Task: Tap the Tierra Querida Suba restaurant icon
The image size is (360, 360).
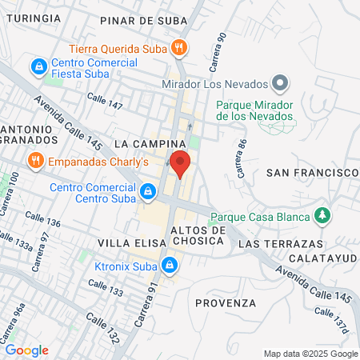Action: [181, 47]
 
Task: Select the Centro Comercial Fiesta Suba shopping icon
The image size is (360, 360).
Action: [38, 65]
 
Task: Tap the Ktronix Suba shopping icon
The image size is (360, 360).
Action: [169, 264]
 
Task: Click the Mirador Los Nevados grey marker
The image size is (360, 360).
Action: [280, 82]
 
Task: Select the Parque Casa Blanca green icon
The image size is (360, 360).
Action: [322, 215]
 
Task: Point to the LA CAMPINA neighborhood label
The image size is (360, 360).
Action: [144, 142]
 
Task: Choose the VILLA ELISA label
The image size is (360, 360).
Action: [126, 242]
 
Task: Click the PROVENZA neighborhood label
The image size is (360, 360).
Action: [225, 303]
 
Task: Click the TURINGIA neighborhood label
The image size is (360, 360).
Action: [30, 17]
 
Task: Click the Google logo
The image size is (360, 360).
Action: [26, 350]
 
